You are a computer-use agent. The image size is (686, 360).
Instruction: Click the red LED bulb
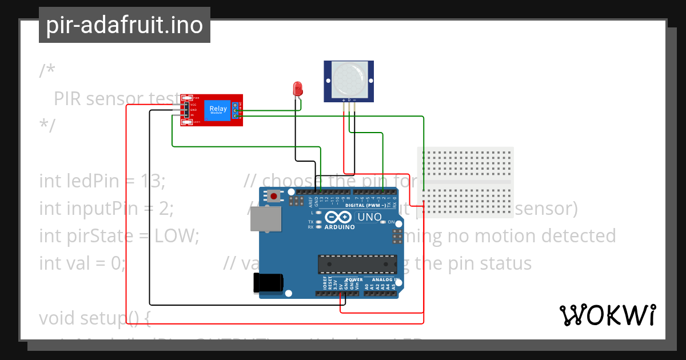(x=297, y=88)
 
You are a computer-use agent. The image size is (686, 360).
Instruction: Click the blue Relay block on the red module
(x=218, y=109)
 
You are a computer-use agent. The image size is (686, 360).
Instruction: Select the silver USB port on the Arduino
(x=268, y=219)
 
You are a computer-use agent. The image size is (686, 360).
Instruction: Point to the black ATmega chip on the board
(x=357, y=264)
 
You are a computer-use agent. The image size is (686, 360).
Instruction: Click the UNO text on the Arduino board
(x=369, y=217)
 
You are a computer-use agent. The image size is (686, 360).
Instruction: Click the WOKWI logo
(x=607, y=315)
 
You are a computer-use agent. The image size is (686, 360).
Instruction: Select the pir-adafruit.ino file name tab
(x=125, y=25)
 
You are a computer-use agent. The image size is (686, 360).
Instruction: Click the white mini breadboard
(x=465, y=182)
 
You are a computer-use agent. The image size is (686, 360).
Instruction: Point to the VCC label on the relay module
(x=194, y=105)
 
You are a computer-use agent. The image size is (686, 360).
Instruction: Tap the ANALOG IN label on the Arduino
(x=385, y=280)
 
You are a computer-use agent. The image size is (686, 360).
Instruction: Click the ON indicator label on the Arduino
(x=391, y=222)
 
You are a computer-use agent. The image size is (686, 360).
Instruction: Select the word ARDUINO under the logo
(x=340, y=227)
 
